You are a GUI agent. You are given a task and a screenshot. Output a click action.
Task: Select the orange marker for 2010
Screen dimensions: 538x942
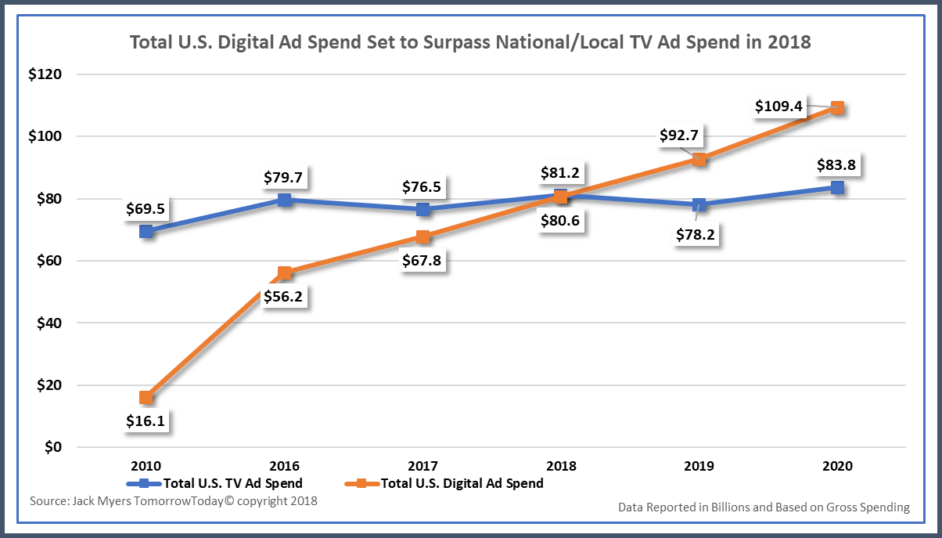click(x=146, y=397)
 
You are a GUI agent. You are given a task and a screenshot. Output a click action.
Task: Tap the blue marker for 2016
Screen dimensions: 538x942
click(x=284, y=200)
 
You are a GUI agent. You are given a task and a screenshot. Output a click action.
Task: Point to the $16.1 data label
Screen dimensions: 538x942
click(x=146, y=421)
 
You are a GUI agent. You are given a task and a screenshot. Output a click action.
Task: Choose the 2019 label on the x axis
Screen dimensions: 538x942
click(x=699, y=466)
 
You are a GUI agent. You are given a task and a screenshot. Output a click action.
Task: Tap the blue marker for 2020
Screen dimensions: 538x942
click(x=837, y=187)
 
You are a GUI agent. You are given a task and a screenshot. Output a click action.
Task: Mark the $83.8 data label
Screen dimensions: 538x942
click(x=837, y=164)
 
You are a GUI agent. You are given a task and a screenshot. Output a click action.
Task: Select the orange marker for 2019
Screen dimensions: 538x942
click(x=699, y=159)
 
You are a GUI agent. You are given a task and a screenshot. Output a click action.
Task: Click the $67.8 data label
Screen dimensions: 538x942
click(x=422, y=261)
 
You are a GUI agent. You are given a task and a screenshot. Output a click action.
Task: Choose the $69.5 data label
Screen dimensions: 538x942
click(x=146, y=209)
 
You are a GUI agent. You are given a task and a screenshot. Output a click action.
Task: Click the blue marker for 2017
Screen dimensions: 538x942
click(x=422, y=209)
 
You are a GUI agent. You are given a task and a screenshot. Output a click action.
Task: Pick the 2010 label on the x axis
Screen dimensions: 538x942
click(x=146, y=466)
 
